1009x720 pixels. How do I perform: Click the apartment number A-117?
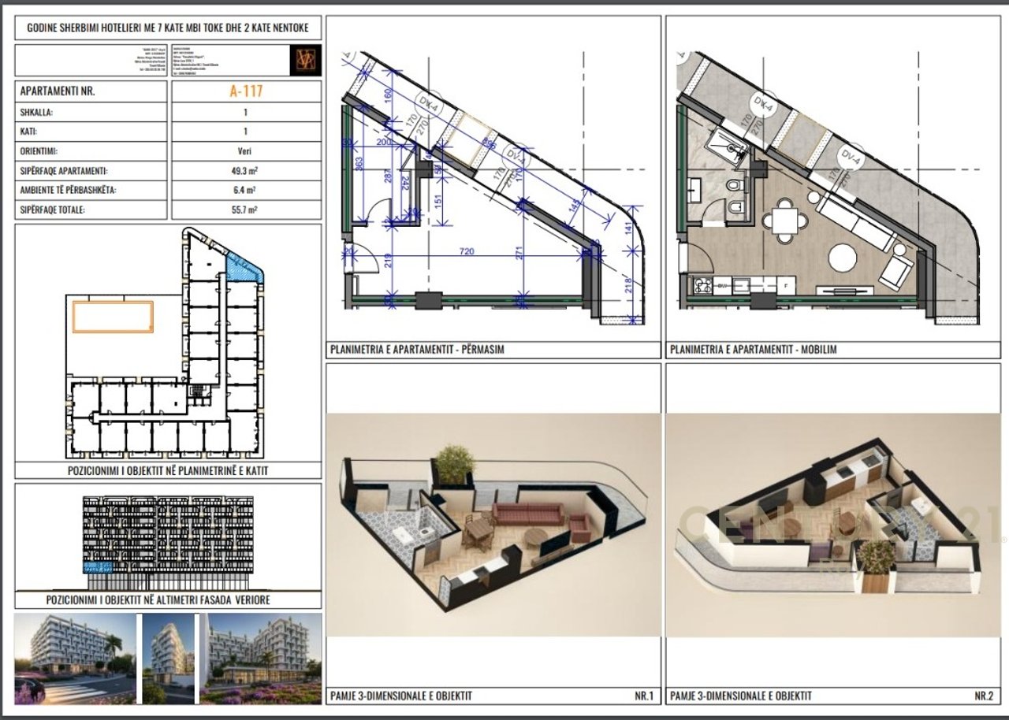[245, 91]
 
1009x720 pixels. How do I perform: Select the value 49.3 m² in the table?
[245, 171]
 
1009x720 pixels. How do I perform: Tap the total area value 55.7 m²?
[245, 210]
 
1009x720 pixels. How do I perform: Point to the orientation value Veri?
[245, 151]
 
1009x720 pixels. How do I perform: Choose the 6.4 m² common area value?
[245, 191]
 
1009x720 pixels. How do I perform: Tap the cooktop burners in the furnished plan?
[702, 284]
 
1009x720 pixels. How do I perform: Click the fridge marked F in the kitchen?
[784, 284]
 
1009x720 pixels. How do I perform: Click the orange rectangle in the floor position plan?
[114, 316]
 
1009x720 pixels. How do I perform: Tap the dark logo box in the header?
[305, 60]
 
